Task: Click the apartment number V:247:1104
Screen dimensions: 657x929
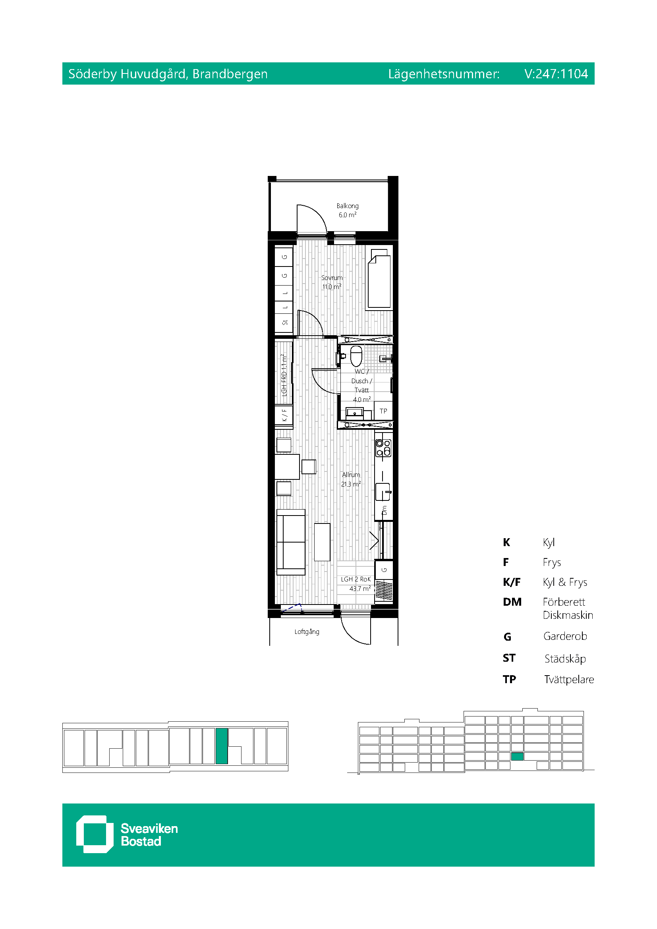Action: coord(556,73)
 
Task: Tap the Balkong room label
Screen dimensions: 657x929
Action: coord(348,206)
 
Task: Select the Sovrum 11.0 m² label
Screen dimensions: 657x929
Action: coord(332,282)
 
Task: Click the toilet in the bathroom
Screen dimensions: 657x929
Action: coord(356,356)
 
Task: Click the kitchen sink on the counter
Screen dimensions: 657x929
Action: coord(383,492)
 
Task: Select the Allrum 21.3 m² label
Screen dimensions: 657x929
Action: coord(351,479)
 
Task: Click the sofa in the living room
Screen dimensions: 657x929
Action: coord(291,542)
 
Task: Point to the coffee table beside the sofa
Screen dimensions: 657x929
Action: coord(322,542)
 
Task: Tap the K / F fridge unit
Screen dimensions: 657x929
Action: coord(284,415)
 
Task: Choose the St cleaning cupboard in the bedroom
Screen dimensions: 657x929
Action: coord(284,323)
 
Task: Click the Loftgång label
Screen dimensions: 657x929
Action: coord(307,632)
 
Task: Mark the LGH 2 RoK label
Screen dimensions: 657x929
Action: coord(356,579)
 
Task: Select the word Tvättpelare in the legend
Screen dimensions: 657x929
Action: coord(569,680)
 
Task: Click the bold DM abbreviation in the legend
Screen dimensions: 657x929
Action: coord(512,602)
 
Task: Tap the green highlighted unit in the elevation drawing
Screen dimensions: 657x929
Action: coord(518,756)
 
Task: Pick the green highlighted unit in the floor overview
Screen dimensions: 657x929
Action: coord(221,746)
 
